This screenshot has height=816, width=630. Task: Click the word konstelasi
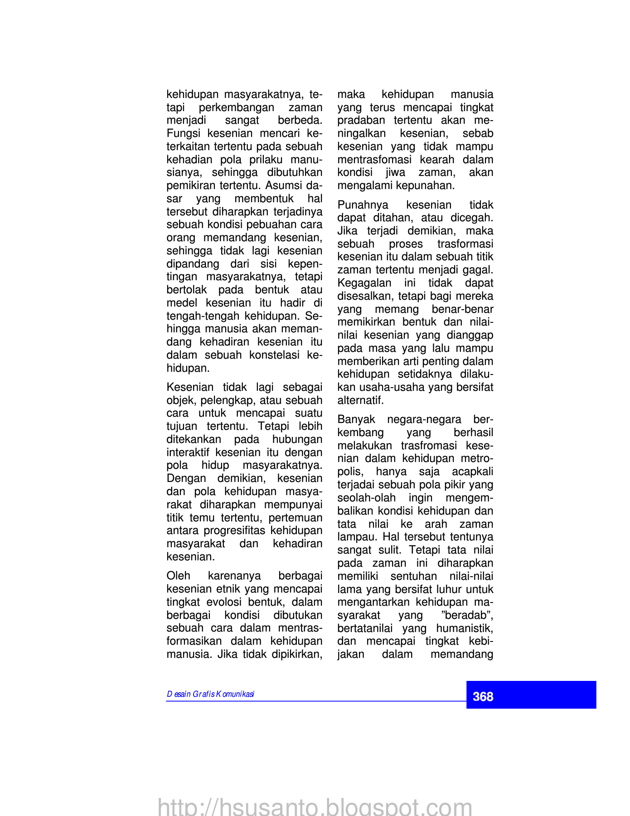click(274, 355)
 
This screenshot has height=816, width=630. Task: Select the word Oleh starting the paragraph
click(178, 576)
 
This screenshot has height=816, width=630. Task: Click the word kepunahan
click(428, 186)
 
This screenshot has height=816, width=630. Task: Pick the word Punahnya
click(363, 205)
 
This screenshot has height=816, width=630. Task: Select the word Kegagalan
click(364, 283)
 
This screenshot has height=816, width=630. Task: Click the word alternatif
click(360, 401)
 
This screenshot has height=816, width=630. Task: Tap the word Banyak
click(356, 420)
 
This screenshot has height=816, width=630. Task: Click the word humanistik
click(465, 629)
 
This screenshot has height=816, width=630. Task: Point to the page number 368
click(483, 697)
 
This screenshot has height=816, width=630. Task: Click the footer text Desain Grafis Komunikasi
click(211, 695)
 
